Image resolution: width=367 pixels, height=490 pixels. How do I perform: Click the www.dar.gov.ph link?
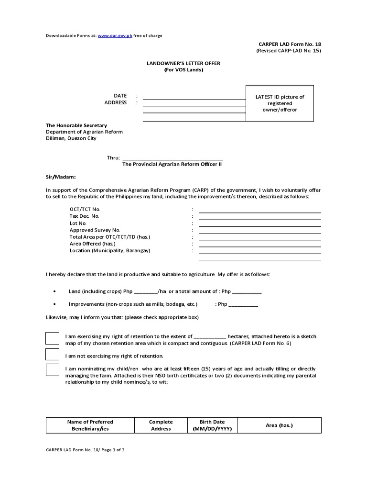115,36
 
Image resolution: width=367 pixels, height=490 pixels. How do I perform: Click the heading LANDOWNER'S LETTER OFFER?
183,63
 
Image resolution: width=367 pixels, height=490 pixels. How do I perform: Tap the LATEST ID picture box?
280,103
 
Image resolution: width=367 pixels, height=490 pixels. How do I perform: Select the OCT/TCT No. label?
85,210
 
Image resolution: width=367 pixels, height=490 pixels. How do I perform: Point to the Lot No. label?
78,223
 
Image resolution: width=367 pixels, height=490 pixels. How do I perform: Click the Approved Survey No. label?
95,230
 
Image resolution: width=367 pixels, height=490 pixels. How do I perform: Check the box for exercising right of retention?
53,338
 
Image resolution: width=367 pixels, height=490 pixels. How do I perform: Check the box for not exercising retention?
53,355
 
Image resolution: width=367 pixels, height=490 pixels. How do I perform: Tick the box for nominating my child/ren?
53,370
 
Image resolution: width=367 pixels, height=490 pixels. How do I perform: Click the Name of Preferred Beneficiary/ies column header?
90,425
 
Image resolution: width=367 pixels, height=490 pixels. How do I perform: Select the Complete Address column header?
161,425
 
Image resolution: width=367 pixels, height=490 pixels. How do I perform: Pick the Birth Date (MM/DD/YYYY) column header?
212,425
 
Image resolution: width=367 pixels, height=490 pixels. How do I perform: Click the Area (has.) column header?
279,425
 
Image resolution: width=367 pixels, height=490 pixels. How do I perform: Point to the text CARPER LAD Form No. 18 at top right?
290,44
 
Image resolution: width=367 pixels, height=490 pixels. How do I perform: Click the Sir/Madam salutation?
61,177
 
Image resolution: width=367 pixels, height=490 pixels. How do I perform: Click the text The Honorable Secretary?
76,125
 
